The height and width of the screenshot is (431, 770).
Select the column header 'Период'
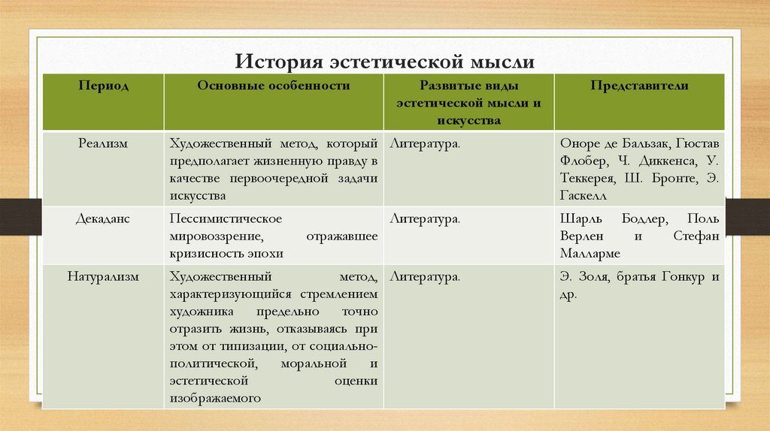pyautogui.click(x=103, y=86)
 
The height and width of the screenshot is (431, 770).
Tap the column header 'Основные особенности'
pyautogui.click(x=274, y=86)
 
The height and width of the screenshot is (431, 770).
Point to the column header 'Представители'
pyautogui.click(x=639, y=86)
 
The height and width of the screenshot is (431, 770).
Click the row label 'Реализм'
pyautogui.click(x=103, y=143)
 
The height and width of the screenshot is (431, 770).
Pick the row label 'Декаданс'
pyautogui.click(x=103, y=219)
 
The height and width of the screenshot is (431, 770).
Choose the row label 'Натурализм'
pyautogui.click(x=103, y=276)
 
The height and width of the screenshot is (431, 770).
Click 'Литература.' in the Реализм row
pyautogui.click(x=425, y=143)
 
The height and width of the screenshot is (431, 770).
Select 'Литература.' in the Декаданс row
pyautogui.click(x=425, y=219)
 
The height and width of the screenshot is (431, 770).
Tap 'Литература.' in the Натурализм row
pyautogui.click(x=425, y=276)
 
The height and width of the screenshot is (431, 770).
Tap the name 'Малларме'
pyautogui.click(x=592, y=253)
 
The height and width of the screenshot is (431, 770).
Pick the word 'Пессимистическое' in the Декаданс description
pyautogui.click(x=226, y=219)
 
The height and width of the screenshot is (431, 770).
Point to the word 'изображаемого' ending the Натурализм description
pyautogui.click(x=215, y=398)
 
